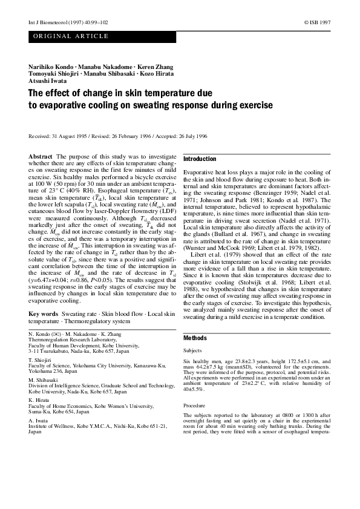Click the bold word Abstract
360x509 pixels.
point(41,156)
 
